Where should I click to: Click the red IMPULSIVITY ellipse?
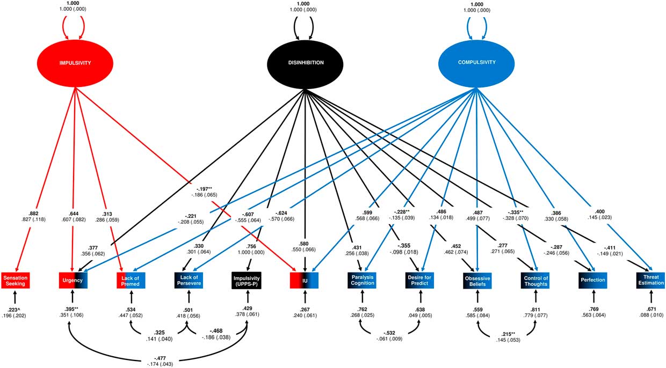(75, 63)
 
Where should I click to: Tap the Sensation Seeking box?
(15, 279)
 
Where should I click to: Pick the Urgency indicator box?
(73, 279)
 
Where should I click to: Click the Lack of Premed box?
(131, 279)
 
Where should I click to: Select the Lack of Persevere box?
(189, 279)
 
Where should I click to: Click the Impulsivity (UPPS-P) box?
(247, 279)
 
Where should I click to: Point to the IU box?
(305, 279)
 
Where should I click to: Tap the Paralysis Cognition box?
(362, 279)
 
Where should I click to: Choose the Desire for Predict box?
(420, 279)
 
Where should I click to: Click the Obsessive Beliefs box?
(477, 279)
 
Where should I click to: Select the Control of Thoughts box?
(535, 279)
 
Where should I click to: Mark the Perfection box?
(593, 279)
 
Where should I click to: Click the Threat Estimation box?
(651, 279)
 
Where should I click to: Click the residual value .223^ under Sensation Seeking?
(15, 310)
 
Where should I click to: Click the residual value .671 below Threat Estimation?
(650, 310)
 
